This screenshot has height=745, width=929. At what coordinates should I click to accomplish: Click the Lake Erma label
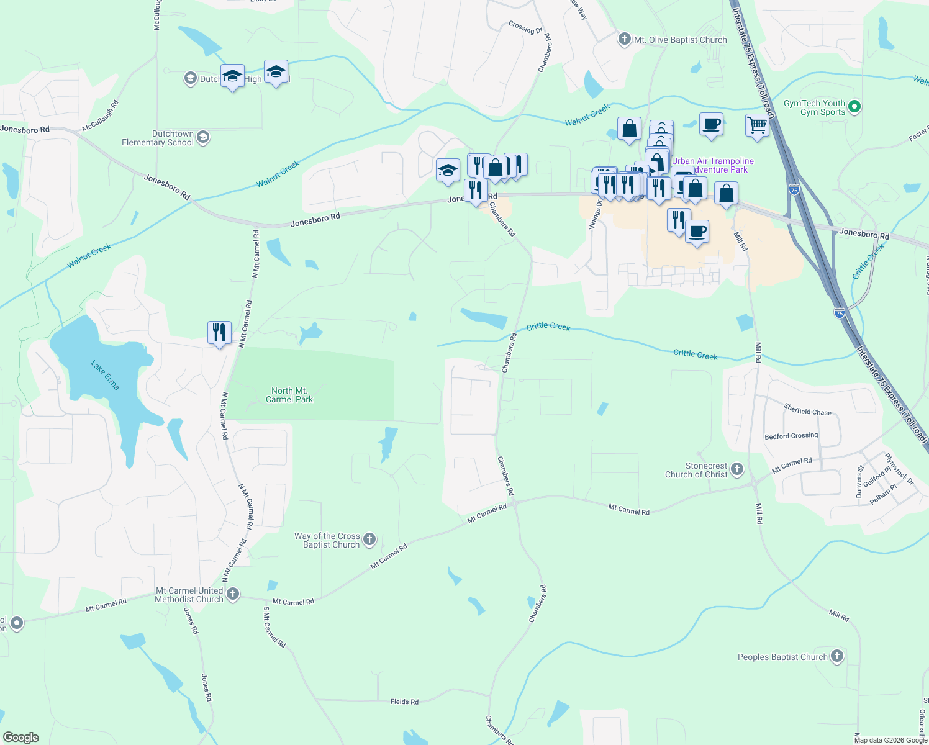[105, 375]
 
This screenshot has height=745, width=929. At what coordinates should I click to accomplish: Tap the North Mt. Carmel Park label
[289, 395]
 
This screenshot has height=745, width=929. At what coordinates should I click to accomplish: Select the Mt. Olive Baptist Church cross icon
[625, 40]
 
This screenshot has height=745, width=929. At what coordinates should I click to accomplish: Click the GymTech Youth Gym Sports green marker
[854, 107]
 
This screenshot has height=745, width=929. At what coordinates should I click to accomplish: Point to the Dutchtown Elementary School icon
[202, 137]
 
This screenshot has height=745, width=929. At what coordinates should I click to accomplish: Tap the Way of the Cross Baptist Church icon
[369, 539]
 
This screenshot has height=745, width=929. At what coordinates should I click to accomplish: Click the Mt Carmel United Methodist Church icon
[233, 594]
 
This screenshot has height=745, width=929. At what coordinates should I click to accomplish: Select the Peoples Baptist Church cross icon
[837, 656]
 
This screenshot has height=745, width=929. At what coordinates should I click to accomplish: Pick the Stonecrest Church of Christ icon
[737, 469]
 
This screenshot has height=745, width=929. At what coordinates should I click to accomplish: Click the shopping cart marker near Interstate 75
[757, 125]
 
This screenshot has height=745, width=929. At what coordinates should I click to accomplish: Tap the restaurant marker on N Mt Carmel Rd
[219, 333]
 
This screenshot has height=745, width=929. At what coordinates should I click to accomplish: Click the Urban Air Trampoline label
[712, 161]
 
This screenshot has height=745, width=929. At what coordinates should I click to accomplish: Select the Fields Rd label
[404, 702]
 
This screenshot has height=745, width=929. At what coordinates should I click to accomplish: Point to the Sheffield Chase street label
[807, 410]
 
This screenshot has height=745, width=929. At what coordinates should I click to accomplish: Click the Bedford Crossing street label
[791, 436]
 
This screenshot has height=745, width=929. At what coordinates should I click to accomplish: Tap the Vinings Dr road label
[597, 215]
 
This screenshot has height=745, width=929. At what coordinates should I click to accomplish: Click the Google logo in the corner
[21, 738]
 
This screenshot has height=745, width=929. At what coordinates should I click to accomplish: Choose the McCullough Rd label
[100, 116]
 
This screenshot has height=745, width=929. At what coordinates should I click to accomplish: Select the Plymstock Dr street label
[899, 469]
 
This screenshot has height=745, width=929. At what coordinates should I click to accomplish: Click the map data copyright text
[890, 740]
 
